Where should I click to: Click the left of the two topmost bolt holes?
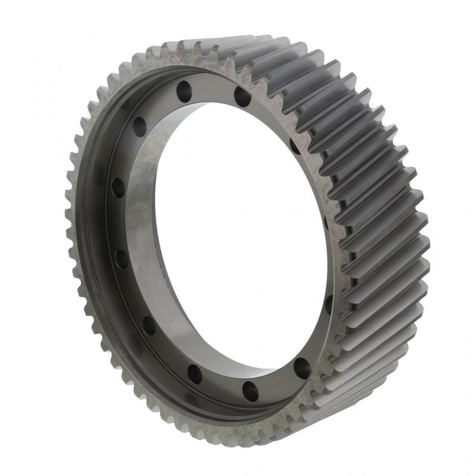(184, 91)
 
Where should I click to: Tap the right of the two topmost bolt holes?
(242, 96)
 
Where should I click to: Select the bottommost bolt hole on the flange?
(250, 391)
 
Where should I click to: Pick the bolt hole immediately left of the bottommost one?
(195, 374)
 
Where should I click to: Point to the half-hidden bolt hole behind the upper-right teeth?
(295, 146)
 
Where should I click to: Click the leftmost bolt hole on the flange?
(118, 188)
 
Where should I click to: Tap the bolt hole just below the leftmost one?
(121, 259)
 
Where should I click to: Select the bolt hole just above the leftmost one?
(139, 126)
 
